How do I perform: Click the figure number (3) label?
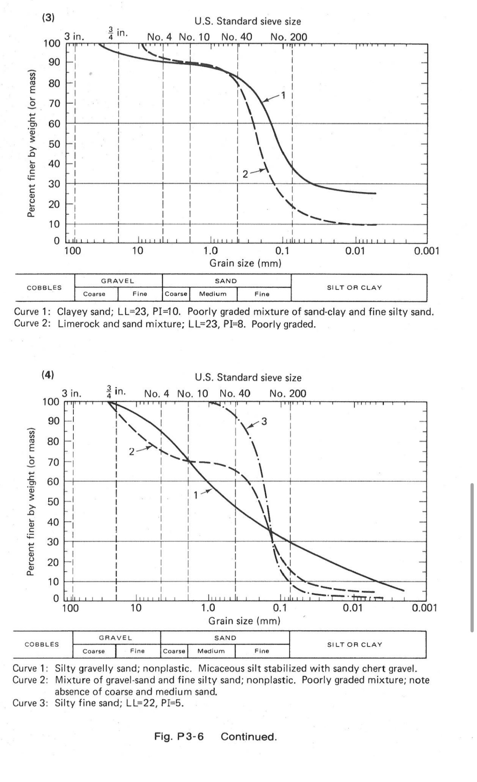48,18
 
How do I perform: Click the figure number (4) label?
47,375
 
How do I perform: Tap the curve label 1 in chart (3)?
284,95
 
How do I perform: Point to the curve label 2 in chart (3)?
245,174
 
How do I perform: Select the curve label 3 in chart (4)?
264,421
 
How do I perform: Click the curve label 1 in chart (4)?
195,495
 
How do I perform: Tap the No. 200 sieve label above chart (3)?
289,37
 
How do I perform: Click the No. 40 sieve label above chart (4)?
235,394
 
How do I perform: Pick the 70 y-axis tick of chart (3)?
54,103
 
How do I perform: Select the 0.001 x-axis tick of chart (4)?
425,608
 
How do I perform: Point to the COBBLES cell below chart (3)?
44,288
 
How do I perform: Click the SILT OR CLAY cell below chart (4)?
354,645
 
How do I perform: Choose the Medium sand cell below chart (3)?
213,294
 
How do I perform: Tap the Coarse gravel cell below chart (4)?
94,651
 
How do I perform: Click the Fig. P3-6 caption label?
179,736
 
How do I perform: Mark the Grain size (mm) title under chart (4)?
244,621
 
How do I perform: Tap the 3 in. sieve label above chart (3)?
74,37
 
